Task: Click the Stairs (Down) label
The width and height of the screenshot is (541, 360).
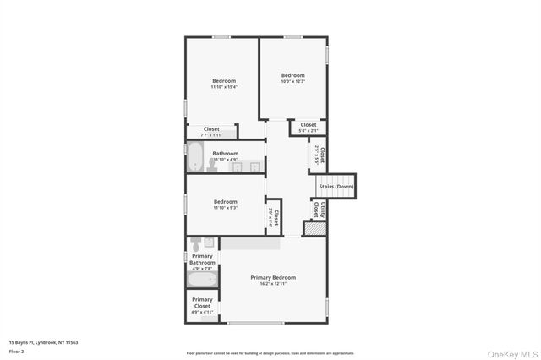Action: point(336,186)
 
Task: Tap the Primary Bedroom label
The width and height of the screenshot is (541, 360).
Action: point(273,277)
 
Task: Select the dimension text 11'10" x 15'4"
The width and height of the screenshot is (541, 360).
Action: point(224,87)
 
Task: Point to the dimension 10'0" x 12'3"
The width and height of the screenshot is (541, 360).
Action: point(292,81)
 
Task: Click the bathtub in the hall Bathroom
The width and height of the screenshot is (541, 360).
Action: point(195,157)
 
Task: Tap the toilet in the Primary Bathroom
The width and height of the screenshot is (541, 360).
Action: point(196,246)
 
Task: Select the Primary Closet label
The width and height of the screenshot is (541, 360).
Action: point(202,303)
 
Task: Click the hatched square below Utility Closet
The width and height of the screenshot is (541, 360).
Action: point(314,228)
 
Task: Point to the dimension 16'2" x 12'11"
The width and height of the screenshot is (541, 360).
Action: point(273,285)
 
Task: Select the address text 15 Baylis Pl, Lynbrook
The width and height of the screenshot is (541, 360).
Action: point(43,342)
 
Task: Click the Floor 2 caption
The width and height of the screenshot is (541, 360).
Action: point(17,351)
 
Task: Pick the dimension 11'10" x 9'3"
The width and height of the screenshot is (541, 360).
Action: point(225,208)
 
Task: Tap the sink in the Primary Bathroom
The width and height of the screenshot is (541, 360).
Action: point(210,243)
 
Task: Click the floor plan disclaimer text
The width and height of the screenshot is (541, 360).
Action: point(270,353)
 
